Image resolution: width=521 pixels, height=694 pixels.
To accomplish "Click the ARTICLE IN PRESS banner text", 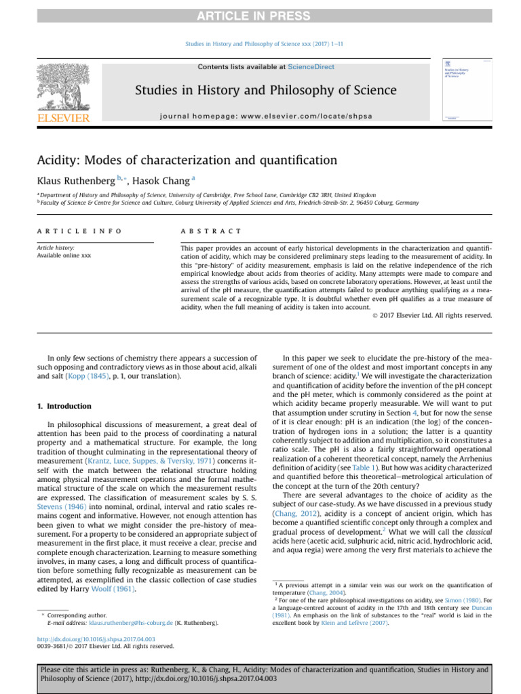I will [260, 16].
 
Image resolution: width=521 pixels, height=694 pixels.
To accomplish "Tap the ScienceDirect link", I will [311, 67].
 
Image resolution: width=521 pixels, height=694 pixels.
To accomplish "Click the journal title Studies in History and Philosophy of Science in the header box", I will [266, 90].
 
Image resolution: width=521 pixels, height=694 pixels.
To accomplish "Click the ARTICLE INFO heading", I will [79, 231].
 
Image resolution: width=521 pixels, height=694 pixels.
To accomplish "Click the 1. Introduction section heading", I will [63, 406].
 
